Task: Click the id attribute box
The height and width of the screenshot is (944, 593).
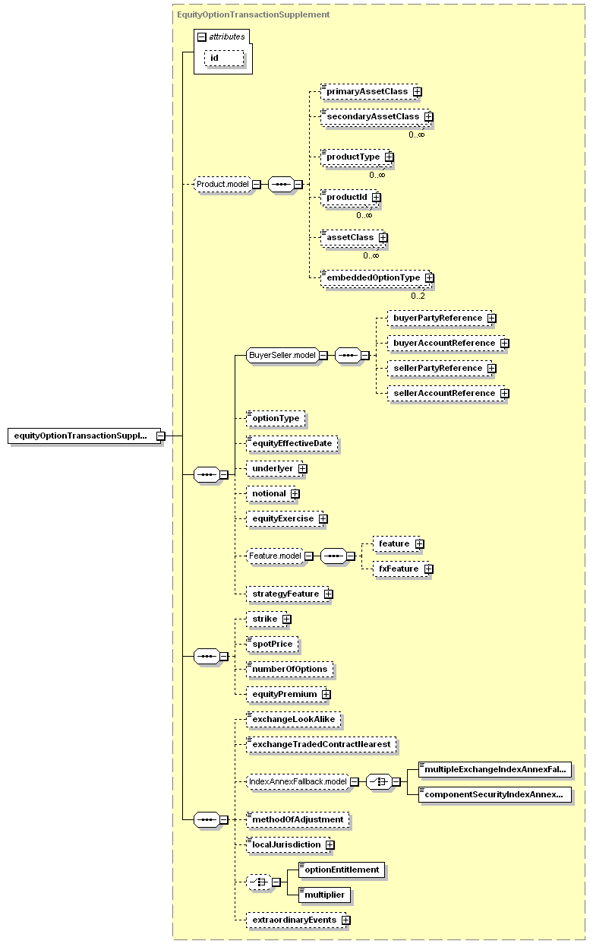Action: pyautogui.click(x=224, y=59)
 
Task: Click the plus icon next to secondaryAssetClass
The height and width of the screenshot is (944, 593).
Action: pyautogui.click(x=428, y=116)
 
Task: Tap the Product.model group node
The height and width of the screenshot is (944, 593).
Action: pyautogui.click(x=222, y=184)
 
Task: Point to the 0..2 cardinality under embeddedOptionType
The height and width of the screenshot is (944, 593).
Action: pyautogui.click(x=418, y=296)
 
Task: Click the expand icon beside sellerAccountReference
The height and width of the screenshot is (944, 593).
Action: pyautogui.click(x=505, y=393)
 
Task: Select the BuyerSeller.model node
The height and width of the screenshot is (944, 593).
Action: pyautogui.click(x=282, y=355)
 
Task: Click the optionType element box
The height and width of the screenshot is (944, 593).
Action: pyautogui.click(x=276, y=419)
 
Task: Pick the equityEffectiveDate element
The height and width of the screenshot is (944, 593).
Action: pyautogui.click(x=292, y=443)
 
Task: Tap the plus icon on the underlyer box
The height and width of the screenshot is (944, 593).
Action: pyautogui.click(x=303, y=469)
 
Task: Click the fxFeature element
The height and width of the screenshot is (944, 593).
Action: pyautogui.click(x=401, y=569)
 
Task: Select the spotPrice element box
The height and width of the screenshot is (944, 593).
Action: pyautogui.click(x=273, y=645)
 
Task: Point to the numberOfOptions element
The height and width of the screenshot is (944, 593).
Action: pyautogui.click(x=290, y=669)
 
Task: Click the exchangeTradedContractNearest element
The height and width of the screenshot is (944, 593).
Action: pyautogui.click(x=321, y=745)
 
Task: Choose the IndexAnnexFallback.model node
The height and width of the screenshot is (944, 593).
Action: pyautogui.click(x=298, y=782)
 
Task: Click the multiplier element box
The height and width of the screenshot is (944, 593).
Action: pyautogui.click(x=324, y=895)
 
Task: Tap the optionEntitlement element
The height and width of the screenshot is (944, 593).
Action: pyautogui.click(x=342, y=870)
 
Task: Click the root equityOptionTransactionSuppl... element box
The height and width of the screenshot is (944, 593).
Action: pyautogui.click(x=84, y=436)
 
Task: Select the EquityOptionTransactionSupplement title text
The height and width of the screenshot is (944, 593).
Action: pyautogui.click(x=254, y=14)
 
